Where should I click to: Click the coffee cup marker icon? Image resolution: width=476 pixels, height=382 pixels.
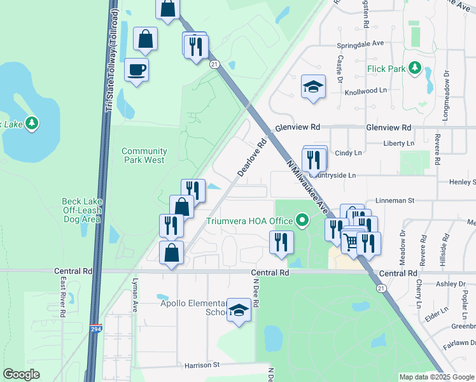point(136,69)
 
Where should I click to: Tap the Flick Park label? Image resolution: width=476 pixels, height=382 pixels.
point(386,67)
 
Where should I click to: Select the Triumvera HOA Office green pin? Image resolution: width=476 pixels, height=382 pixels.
point(302,221)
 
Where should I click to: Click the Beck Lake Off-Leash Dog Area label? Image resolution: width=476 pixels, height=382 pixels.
point(81,210)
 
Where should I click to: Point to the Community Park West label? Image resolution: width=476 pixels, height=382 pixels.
point(143,155)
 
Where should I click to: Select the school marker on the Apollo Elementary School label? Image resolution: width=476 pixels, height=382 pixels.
point(239,310)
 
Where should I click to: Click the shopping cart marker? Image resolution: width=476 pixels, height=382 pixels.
point(351,242)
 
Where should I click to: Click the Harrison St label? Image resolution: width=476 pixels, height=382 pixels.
point(202,365)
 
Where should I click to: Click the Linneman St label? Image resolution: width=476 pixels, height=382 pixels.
point(395,200)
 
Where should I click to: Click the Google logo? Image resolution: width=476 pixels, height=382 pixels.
point(22,374)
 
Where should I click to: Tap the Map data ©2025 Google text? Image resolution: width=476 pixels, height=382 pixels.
point(436,377)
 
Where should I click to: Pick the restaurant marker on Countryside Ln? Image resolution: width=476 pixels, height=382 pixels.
point(313,159)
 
